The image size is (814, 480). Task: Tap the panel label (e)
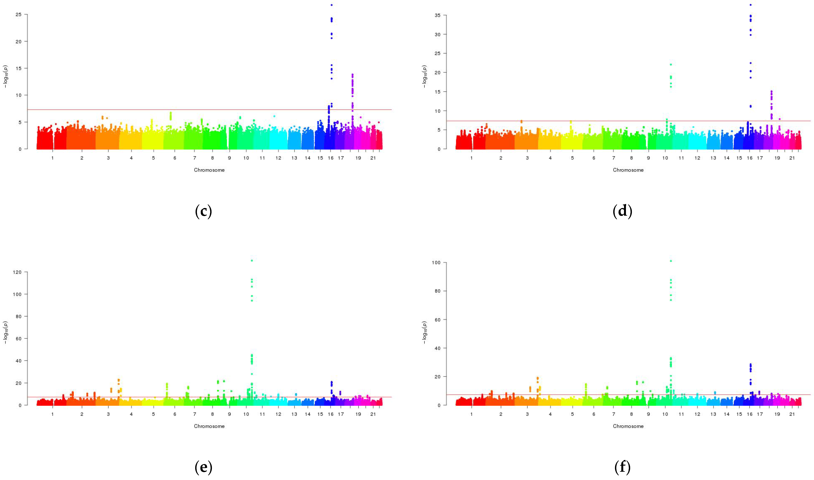coord(203,467)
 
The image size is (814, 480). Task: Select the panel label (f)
coord(622,467)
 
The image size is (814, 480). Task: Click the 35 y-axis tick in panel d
coord(438,15)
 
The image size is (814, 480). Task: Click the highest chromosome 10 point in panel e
coord(252,260)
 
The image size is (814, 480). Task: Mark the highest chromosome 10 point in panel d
coord(671,64)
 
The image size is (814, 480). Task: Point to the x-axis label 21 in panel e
coord(373,414)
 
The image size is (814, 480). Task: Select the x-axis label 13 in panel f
coord(713,414)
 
